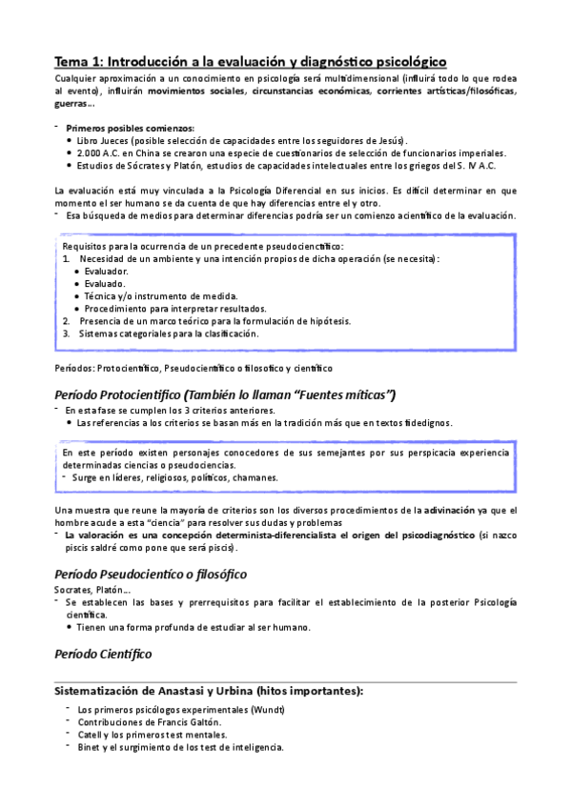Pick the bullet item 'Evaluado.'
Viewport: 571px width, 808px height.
coord(104,284)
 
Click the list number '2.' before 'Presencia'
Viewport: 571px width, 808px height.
coord(67,321)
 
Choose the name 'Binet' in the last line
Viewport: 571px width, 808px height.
coord(91,747)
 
